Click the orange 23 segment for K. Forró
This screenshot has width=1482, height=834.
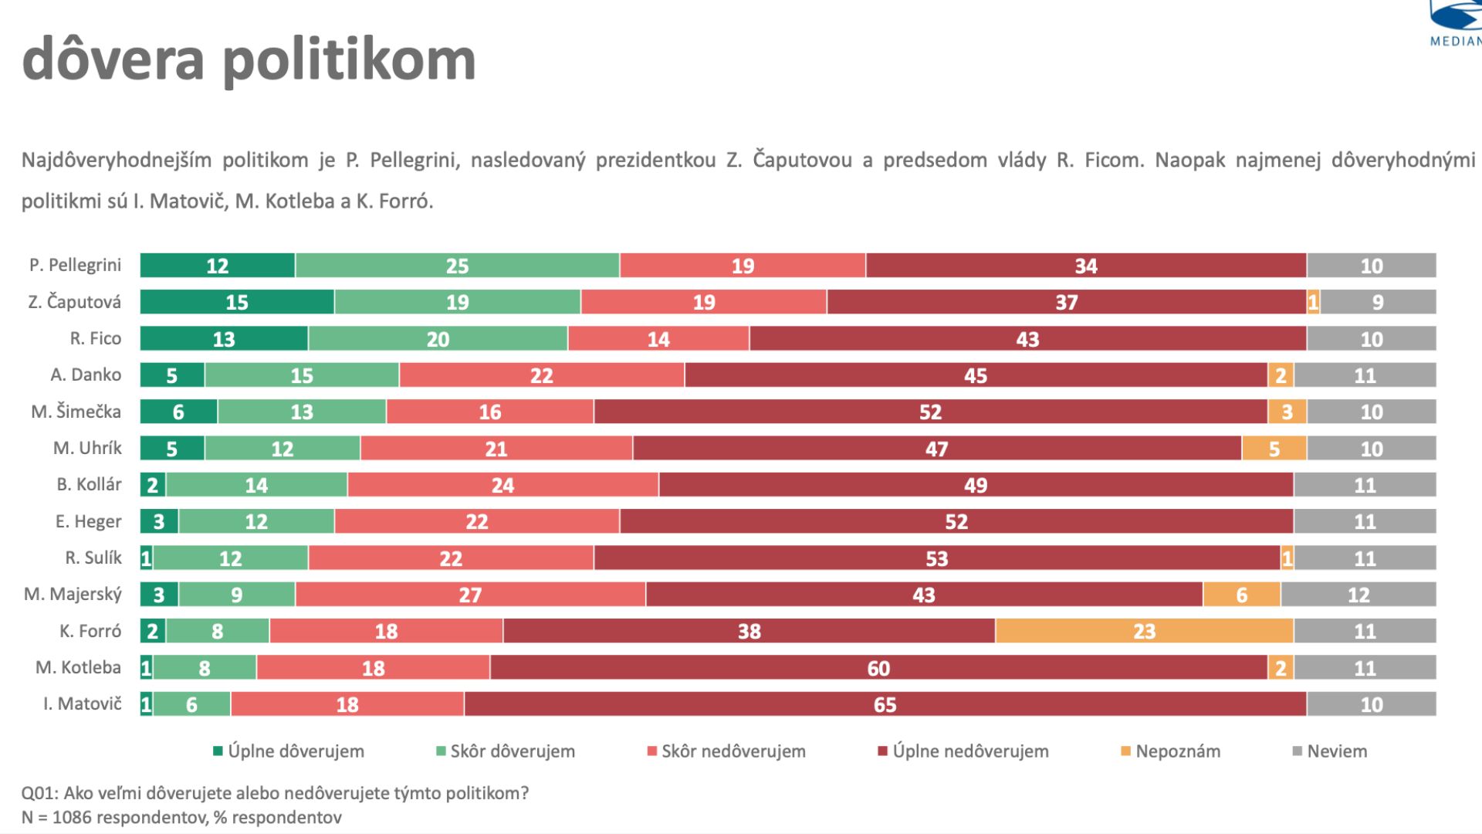tap(1144, 631)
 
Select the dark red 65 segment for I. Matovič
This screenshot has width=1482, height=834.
tap(885, 704)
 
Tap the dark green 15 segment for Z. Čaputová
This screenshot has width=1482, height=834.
tap(237, 302)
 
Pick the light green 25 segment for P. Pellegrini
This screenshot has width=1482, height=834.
tap(457, 266)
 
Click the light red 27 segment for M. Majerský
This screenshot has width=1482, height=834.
tap(470, 595)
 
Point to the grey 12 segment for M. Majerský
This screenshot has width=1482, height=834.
tap(1358, 595)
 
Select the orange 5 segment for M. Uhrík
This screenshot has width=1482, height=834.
tap(1274, 449)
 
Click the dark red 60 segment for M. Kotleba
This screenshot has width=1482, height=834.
tap(878, 668)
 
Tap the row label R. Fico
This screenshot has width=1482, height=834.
tap(95, 338)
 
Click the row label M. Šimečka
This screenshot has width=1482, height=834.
tap(76, 412)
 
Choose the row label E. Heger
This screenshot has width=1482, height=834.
tap(88, 521)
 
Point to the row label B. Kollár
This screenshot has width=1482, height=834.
tap(89, 485)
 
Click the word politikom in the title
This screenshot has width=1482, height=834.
tap(349, 60)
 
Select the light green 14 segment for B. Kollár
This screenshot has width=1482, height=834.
tap(256, 485)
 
